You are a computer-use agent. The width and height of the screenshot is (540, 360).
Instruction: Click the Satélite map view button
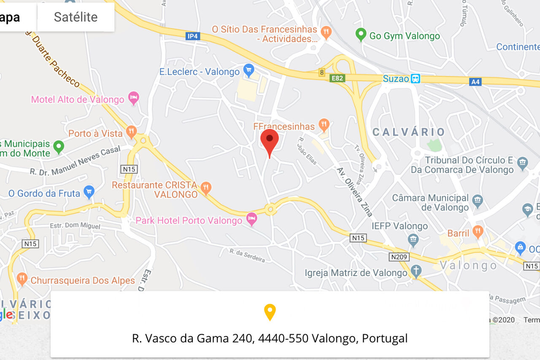pyautogui.click(x=76, y=17)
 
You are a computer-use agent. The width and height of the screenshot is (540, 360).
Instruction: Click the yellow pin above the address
pyautogui.click(x=270, y=311)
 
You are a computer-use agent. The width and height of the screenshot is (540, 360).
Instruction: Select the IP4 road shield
pyautogui.click(x=192, y=36)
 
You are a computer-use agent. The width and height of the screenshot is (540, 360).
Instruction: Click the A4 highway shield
pyautogui.click(x=475, y=82)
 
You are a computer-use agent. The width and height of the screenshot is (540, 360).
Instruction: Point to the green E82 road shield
pyautogui.click(x=337, y=78)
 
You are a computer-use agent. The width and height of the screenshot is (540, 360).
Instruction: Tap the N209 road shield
pyautogui.click(x=399, y=257)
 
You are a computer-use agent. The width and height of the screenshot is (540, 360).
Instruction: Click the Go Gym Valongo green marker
pyautogui.click(x=361, y=34)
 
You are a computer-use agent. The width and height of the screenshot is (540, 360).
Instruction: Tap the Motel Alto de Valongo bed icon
pyautogui.click(x=134, y=98)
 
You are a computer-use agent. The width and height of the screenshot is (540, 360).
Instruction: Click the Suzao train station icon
pyautogui.click(x=416, y=78)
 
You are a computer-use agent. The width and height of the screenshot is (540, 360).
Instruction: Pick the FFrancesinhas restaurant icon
pyautogui.click(x=324, y=125)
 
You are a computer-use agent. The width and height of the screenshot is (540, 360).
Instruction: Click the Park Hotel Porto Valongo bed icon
pyautogui.click(x=252, y=219)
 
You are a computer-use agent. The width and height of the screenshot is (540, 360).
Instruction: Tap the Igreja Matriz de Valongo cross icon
pyautogui.click(x=416, y=271)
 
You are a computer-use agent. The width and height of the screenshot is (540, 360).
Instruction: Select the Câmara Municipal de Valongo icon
pyautogui.click(x=477, y=200)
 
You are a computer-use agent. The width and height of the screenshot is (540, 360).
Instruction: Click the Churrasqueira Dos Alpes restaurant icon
pyautogui.click(x=22, y=279)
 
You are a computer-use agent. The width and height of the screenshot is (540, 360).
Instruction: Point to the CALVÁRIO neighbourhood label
pyautogui.click(x=408, y=132)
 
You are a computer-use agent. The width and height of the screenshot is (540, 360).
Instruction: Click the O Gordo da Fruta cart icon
pyautogui.click(x=89, y=192)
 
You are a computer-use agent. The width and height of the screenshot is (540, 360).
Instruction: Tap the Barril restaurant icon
pyautogui.click(x=478, y=231)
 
